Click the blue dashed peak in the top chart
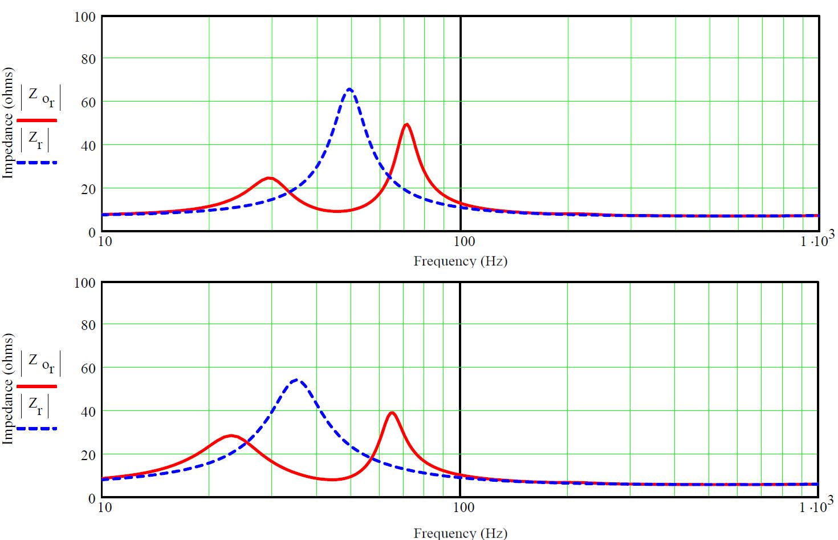click(349, 90)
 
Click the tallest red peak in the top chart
click(406, 125)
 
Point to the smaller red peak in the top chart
click(269, 178)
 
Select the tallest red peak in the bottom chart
click(392, 413)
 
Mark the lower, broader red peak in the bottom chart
click(231, 436)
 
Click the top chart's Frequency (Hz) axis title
click(460, 261)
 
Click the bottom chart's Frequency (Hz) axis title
click(460, 533)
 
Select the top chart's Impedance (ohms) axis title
click(8, 123)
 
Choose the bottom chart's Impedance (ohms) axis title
click(8, 389)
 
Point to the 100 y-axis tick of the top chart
click(85, 17)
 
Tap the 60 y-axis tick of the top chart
click(88, 102)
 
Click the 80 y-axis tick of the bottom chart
click(88, 325)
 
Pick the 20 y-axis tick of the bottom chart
click(88, 455)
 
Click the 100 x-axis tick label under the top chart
click(464, 241)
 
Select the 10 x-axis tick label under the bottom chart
click(105, 507)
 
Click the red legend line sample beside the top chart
click(37, 120)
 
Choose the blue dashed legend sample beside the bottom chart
click(37, 428)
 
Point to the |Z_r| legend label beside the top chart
click(35, 140)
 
